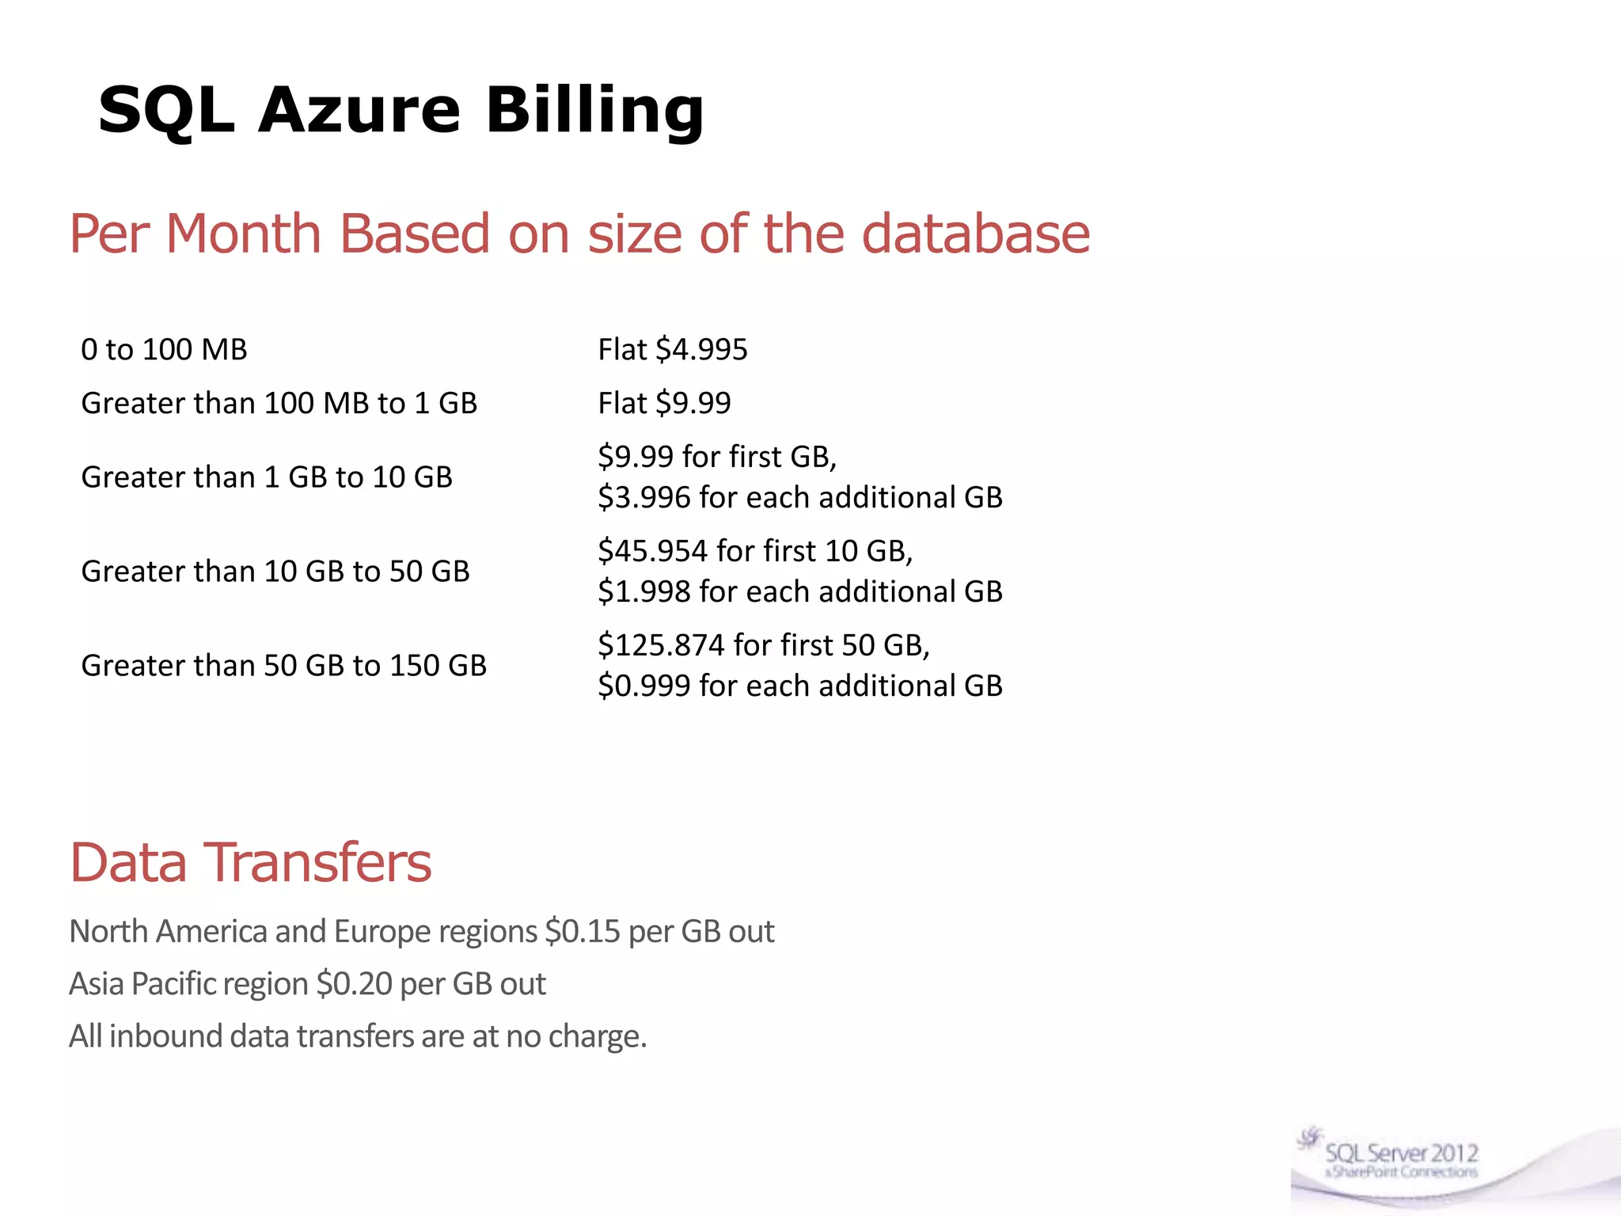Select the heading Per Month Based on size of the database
[579, 234]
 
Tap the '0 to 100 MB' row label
[164, 350]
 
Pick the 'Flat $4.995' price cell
[672, 350]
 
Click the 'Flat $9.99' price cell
[664, 404]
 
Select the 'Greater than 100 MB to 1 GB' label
[279, 404]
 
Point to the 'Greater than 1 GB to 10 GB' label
[267, 477]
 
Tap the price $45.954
[652, 551]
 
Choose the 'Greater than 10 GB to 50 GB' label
[275, 572]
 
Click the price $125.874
[661, 645]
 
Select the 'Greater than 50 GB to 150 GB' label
[283, 666]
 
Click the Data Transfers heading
[250, 862]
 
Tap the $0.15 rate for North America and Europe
[583, 932]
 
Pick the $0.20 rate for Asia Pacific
[354, 984]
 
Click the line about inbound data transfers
[358, 1036]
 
